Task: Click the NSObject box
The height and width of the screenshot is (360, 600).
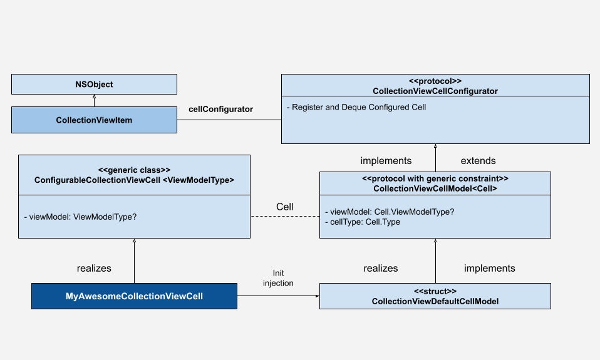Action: [93, 84]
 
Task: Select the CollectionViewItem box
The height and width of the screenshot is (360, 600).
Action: [93, 120]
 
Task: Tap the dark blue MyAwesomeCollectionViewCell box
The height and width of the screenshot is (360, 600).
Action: [134, 296]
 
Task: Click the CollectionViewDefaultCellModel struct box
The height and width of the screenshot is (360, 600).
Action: [435, 296]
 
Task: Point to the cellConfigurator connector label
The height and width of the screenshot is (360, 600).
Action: [220, 109]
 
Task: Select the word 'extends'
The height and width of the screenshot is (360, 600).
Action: [478, 161]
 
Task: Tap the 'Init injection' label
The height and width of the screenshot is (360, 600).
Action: [278, 279]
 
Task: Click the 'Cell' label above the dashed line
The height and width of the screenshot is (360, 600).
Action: [285, 206]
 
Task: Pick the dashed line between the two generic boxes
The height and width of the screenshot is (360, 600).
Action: [285, 217]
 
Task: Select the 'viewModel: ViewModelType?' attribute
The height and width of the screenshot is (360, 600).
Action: [80, 216]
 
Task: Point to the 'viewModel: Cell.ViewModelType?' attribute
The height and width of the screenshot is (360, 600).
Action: [390, 212]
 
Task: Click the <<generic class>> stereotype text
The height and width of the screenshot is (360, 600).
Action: [134, 170]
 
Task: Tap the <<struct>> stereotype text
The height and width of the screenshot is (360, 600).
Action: [435, 291]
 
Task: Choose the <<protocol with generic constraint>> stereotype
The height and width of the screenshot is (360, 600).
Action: [435, 178]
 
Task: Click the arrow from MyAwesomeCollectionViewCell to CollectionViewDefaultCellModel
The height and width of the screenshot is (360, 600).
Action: [278, 296]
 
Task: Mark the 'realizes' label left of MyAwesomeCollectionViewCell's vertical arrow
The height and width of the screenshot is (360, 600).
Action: [94, 268]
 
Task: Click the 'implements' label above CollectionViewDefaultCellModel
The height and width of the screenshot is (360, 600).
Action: [489, 268]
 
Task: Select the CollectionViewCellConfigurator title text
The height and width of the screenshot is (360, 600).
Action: [435, 91]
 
